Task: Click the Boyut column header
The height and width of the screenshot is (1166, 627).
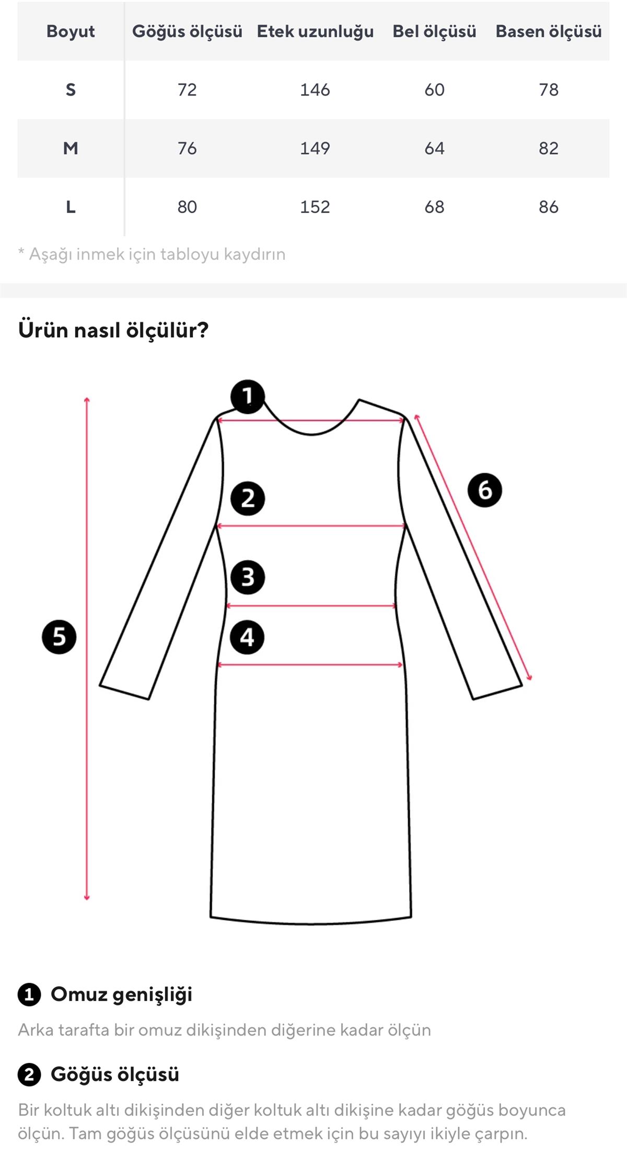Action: [71, 31]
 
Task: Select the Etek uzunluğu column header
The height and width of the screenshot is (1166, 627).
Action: [315, 32]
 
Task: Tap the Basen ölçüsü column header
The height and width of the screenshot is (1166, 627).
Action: [549, 32]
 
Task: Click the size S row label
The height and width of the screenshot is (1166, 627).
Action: [71, 90]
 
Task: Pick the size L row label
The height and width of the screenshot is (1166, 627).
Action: [71, 207]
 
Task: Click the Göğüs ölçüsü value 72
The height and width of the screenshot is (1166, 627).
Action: [187, 90]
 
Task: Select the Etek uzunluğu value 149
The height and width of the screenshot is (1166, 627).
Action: [315, 148]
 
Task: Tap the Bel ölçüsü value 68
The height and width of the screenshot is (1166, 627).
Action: [434, 207]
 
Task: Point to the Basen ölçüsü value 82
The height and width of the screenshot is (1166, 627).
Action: [549, 148]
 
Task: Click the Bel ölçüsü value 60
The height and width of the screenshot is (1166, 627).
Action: [434, 90]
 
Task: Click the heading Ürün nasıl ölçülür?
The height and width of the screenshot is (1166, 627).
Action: [113, 330]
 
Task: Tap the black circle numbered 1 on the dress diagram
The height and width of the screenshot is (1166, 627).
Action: [248, 397]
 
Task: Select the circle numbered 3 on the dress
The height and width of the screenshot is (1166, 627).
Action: [248, 578]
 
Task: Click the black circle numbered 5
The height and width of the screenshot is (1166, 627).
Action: [59, 637]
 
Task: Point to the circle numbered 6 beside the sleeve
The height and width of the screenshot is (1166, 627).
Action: [485, 490]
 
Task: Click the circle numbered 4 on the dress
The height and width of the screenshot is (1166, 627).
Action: [247, 637]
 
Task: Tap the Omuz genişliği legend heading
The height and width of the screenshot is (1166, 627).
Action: [121, 995]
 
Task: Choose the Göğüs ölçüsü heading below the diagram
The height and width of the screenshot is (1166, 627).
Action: [115, 1075]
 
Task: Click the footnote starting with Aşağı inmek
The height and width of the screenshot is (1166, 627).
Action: [152, 255]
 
